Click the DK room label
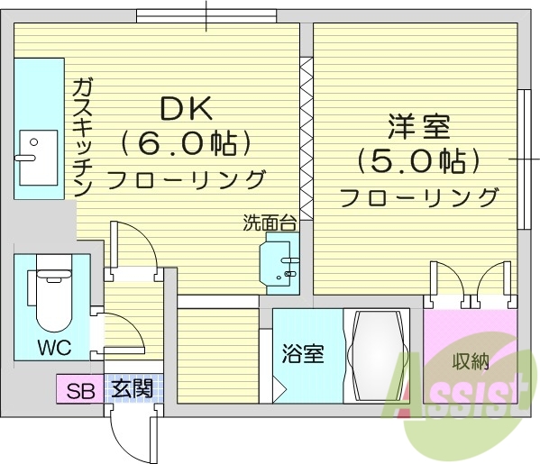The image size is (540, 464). point(186,109)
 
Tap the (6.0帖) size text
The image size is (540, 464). point(186,142)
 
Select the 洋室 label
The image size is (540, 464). point(419,126)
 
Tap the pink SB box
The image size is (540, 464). point(80,390)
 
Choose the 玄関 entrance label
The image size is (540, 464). point(132,390)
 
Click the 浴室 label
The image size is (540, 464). point(302,354)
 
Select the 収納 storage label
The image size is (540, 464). point(470,362)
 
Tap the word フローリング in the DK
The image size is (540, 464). point(186,177)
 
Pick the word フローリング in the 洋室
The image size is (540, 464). point(419,196)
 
